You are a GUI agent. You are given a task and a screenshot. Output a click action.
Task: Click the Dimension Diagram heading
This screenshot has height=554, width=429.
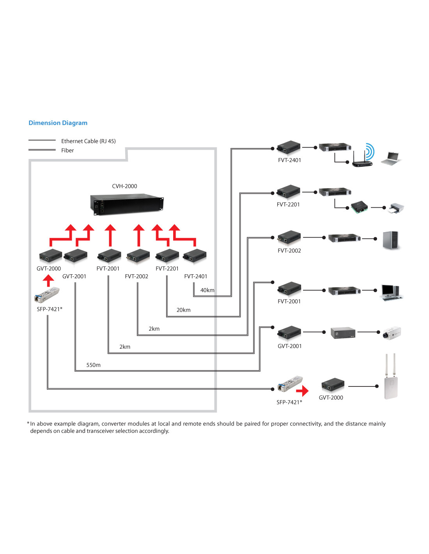pyautogui.click(x=58, y=123)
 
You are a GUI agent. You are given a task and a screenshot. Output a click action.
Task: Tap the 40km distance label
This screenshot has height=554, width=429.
pyautogui.click(x=207, y=290)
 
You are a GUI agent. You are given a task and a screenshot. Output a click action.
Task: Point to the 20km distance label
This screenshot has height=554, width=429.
pyautogui.click(x=183, y=310)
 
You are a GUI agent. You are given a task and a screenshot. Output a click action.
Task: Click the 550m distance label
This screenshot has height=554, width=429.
pyautogui.click(x=93, y=365)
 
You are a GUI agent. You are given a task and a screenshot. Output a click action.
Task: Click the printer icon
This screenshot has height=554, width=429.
pyautogui.click(x=396, y=208)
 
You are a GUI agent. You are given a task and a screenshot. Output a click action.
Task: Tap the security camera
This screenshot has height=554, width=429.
pyautogui.click(x=391, y=333)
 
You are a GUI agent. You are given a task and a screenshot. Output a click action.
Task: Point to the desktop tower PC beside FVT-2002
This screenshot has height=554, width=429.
pyautogui.click(x=391, y=240)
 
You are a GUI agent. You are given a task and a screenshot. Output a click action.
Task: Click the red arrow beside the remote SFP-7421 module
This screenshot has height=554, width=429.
pyautogui.click(x=302, y=390)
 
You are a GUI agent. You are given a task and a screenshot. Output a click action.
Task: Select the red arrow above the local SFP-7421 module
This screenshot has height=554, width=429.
pyautogui.click(x=48, y=281)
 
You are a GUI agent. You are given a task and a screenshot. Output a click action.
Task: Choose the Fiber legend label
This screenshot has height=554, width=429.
pyautogui.click(x=67, y=150)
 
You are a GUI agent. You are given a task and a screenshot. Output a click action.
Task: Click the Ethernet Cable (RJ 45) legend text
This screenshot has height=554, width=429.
pyautogui.click(x=88, y=141)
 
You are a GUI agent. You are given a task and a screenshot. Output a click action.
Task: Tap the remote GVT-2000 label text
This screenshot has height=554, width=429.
pyautogui.click(x=331, y=398)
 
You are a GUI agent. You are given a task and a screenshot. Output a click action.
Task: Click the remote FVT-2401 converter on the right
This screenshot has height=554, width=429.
pyautogui.click(x=289, y=148)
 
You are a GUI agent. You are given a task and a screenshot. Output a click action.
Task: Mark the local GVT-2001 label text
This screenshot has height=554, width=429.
pyautogui.click(x=74, y=277)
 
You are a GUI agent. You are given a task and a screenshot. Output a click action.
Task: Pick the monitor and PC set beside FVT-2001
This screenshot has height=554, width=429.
pyautogui.click(x=390, y=292)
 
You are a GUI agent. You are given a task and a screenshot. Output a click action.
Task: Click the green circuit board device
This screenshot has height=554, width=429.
pyautogui.click(x=359, y=206)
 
